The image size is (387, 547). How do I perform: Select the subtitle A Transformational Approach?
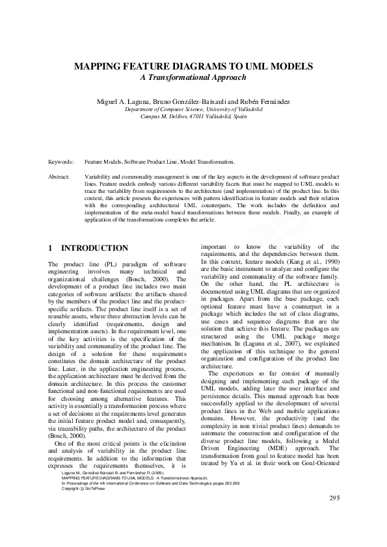(193, 78)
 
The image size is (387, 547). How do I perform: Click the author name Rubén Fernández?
(263, 103)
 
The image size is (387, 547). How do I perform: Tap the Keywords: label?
(61, 161)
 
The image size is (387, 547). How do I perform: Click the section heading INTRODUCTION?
(94, 248)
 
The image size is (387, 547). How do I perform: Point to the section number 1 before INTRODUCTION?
(51, 248)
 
